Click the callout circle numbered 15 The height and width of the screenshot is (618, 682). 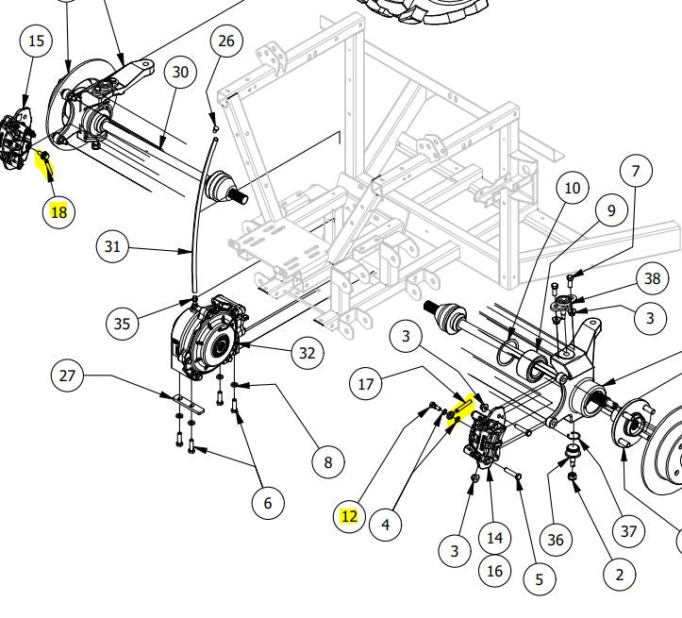tap(36, 41)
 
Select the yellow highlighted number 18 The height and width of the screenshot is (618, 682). tap(58, 212)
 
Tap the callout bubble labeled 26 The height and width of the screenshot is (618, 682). tap(225, 41)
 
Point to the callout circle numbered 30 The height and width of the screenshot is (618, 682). tap(181, 73)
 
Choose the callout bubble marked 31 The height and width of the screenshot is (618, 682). tap(113, 247)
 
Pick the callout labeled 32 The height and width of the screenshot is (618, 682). tap(307, 354)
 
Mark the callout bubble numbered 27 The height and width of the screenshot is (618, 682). tap(67, 376)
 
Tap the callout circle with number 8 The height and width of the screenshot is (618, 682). tap(328, 462)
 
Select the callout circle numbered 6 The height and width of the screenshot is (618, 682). tap(268, 504)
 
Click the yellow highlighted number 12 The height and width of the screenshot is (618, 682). tap(349, 516)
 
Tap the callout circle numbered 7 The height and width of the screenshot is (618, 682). tap(636, 171)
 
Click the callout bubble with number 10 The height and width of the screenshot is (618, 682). tap(572, 189)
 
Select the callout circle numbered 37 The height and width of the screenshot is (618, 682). tap(629, 531)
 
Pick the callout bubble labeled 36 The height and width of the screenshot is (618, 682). tap(556, 540)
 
